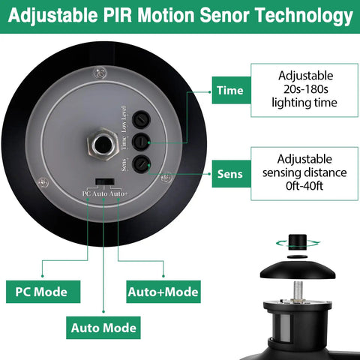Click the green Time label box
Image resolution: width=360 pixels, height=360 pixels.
click(231, 90)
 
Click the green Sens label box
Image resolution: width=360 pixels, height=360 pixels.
click(231, 174)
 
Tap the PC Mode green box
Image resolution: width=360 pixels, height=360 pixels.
click(43, 292)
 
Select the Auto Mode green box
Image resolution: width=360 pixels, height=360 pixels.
click(103, 328)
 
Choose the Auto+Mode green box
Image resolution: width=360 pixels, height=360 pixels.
click(163, 292)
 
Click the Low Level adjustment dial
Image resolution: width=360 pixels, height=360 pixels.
click(141, 120)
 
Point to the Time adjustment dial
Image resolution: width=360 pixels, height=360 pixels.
click(141, 142)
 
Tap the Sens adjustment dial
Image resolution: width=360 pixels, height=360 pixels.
click(141, 163)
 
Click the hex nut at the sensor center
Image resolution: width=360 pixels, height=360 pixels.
click(103, 144)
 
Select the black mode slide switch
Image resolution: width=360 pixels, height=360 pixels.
click(105, 181)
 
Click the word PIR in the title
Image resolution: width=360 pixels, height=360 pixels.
click(117, 16)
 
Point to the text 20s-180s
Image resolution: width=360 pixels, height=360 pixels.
click(305, 89)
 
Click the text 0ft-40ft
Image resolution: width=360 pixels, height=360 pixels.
click(304, 186)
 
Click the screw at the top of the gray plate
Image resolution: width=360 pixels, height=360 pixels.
click(100, 73)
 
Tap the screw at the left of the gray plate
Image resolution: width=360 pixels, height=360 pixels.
click(43, 182)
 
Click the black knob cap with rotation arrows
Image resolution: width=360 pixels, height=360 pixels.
click(298, 242)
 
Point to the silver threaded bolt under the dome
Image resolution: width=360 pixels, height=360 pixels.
click(297, 290)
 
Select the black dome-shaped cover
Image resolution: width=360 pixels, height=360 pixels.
click(298, 271)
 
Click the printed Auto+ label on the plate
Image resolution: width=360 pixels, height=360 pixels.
click(118, 193)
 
